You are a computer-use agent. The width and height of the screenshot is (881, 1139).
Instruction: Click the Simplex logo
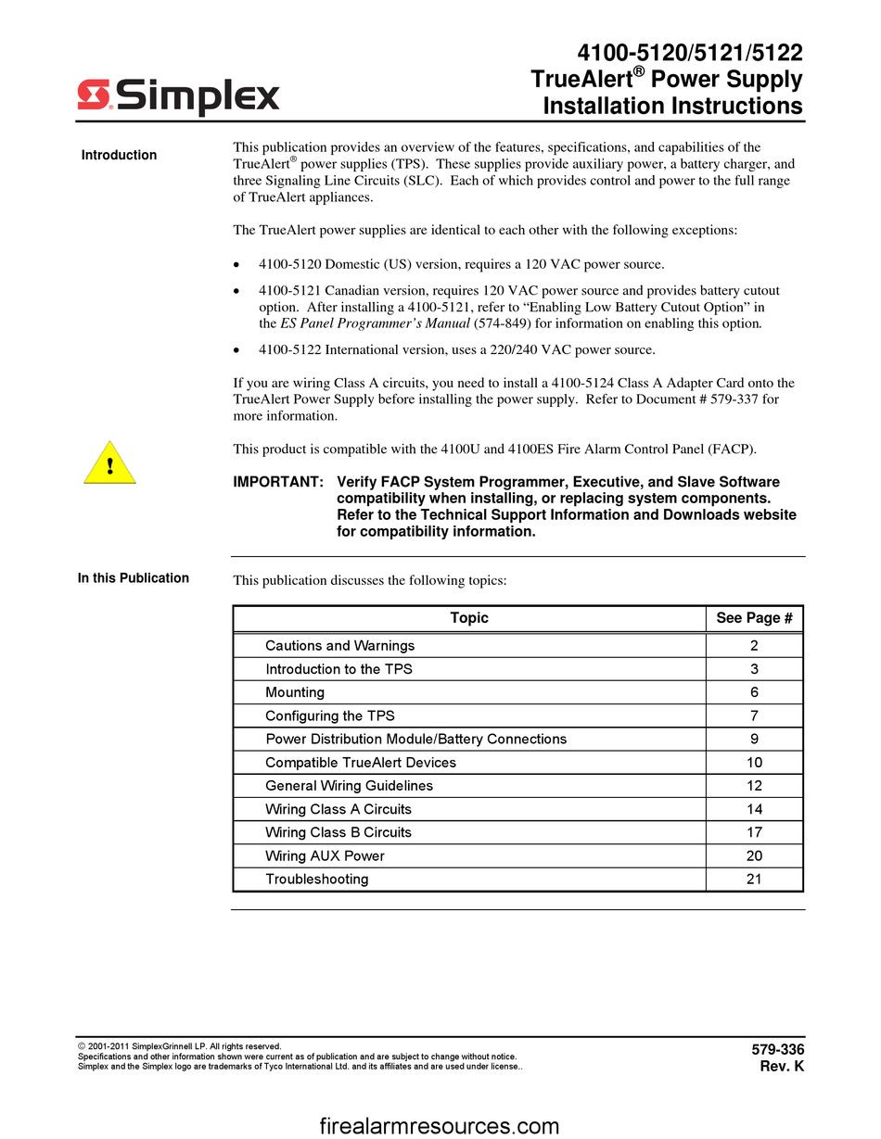click(x=178, y=95)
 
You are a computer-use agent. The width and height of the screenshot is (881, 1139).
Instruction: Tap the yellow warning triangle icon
click(x=109, y=464)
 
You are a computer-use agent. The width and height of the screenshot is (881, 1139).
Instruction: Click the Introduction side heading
click(x=119, y=155)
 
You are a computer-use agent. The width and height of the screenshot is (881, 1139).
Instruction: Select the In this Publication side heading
click(x=134, y=578)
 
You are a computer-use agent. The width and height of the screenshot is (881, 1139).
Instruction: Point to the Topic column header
click(x=469, y=618)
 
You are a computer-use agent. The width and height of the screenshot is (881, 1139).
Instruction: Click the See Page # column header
click(x=754, y=618)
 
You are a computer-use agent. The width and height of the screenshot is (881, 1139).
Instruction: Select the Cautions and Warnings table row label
click(x=339, y=646)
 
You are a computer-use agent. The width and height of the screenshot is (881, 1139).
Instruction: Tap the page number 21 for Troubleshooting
click(x=754, y=880)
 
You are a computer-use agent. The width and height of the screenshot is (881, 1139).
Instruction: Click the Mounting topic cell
click(x=295, y=692)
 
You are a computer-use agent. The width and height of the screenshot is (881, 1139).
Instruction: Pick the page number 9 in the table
click(x=754, y=740)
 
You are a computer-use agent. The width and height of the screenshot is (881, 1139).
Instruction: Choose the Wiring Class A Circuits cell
click(x=338, y=809)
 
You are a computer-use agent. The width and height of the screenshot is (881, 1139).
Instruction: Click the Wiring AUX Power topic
click(x=325, y=856)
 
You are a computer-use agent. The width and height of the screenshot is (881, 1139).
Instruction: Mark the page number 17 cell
click(x=754, y=832)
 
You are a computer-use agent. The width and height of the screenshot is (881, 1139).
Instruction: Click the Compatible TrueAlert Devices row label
click(x=361, y=763)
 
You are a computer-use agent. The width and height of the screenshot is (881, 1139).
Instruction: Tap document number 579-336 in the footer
click(x=777, y=1050)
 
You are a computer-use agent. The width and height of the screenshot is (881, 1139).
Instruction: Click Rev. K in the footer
click(x=782, y=1067)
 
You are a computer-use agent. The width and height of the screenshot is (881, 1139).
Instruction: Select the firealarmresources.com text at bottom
click(x=440, y=1126)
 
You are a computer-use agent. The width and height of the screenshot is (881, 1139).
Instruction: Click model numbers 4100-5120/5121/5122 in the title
click(x=690, y=53)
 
